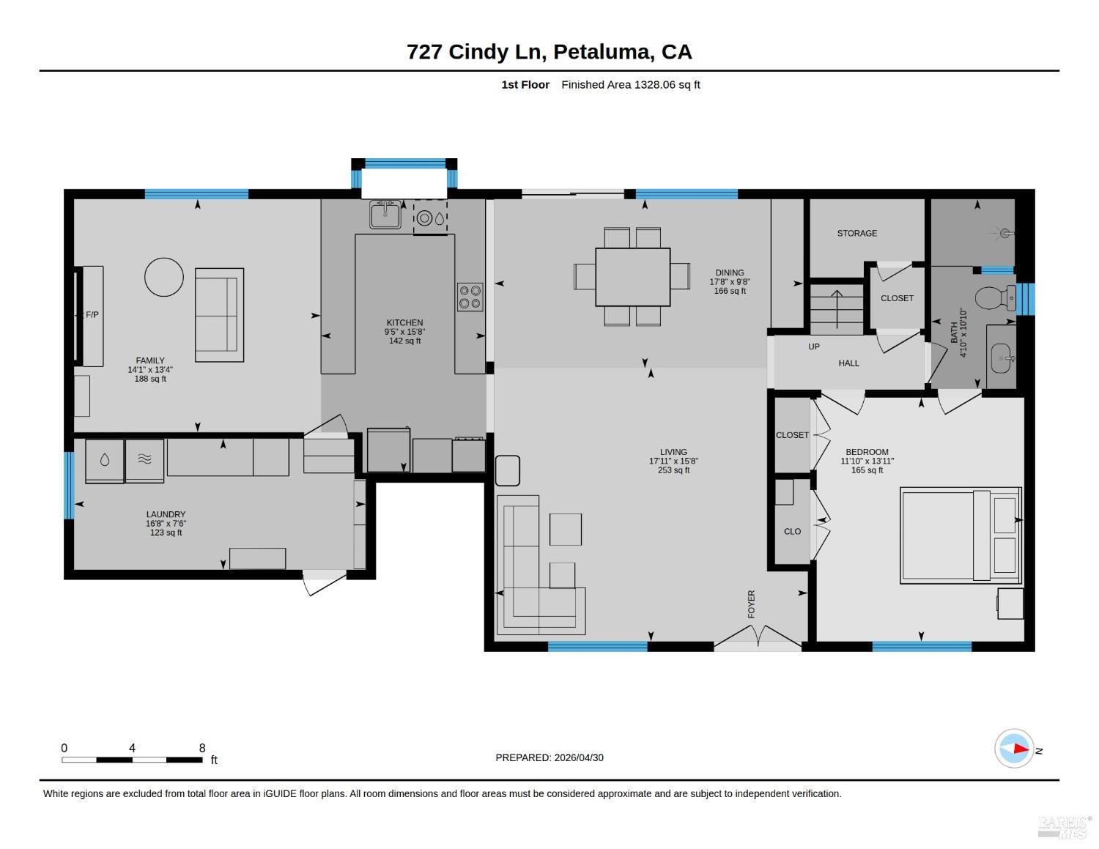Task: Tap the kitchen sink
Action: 385,215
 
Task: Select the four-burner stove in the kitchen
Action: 470,297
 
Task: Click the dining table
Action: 632,277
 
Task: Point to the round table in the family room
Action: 164,277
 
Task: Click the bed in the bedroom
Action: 961,535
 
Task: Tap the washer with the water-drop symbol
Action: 105,461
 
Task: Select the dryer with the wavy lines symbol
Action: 144,460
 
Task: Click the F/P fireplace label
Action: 92,314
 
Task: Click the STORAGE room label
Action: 856,233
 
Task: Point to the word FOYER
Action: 751,604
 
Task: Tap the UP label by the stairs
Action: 814,346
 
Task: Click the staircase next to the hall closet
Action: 837,309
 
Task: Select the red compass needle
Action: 1021,749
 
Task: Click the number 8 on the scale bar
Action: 201,748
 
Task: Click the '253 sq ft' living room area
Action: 673,470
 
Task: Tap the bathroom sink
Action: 1001,358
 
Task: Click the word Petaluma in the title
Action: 602,51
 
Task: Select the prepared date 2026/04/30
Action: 579,757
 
